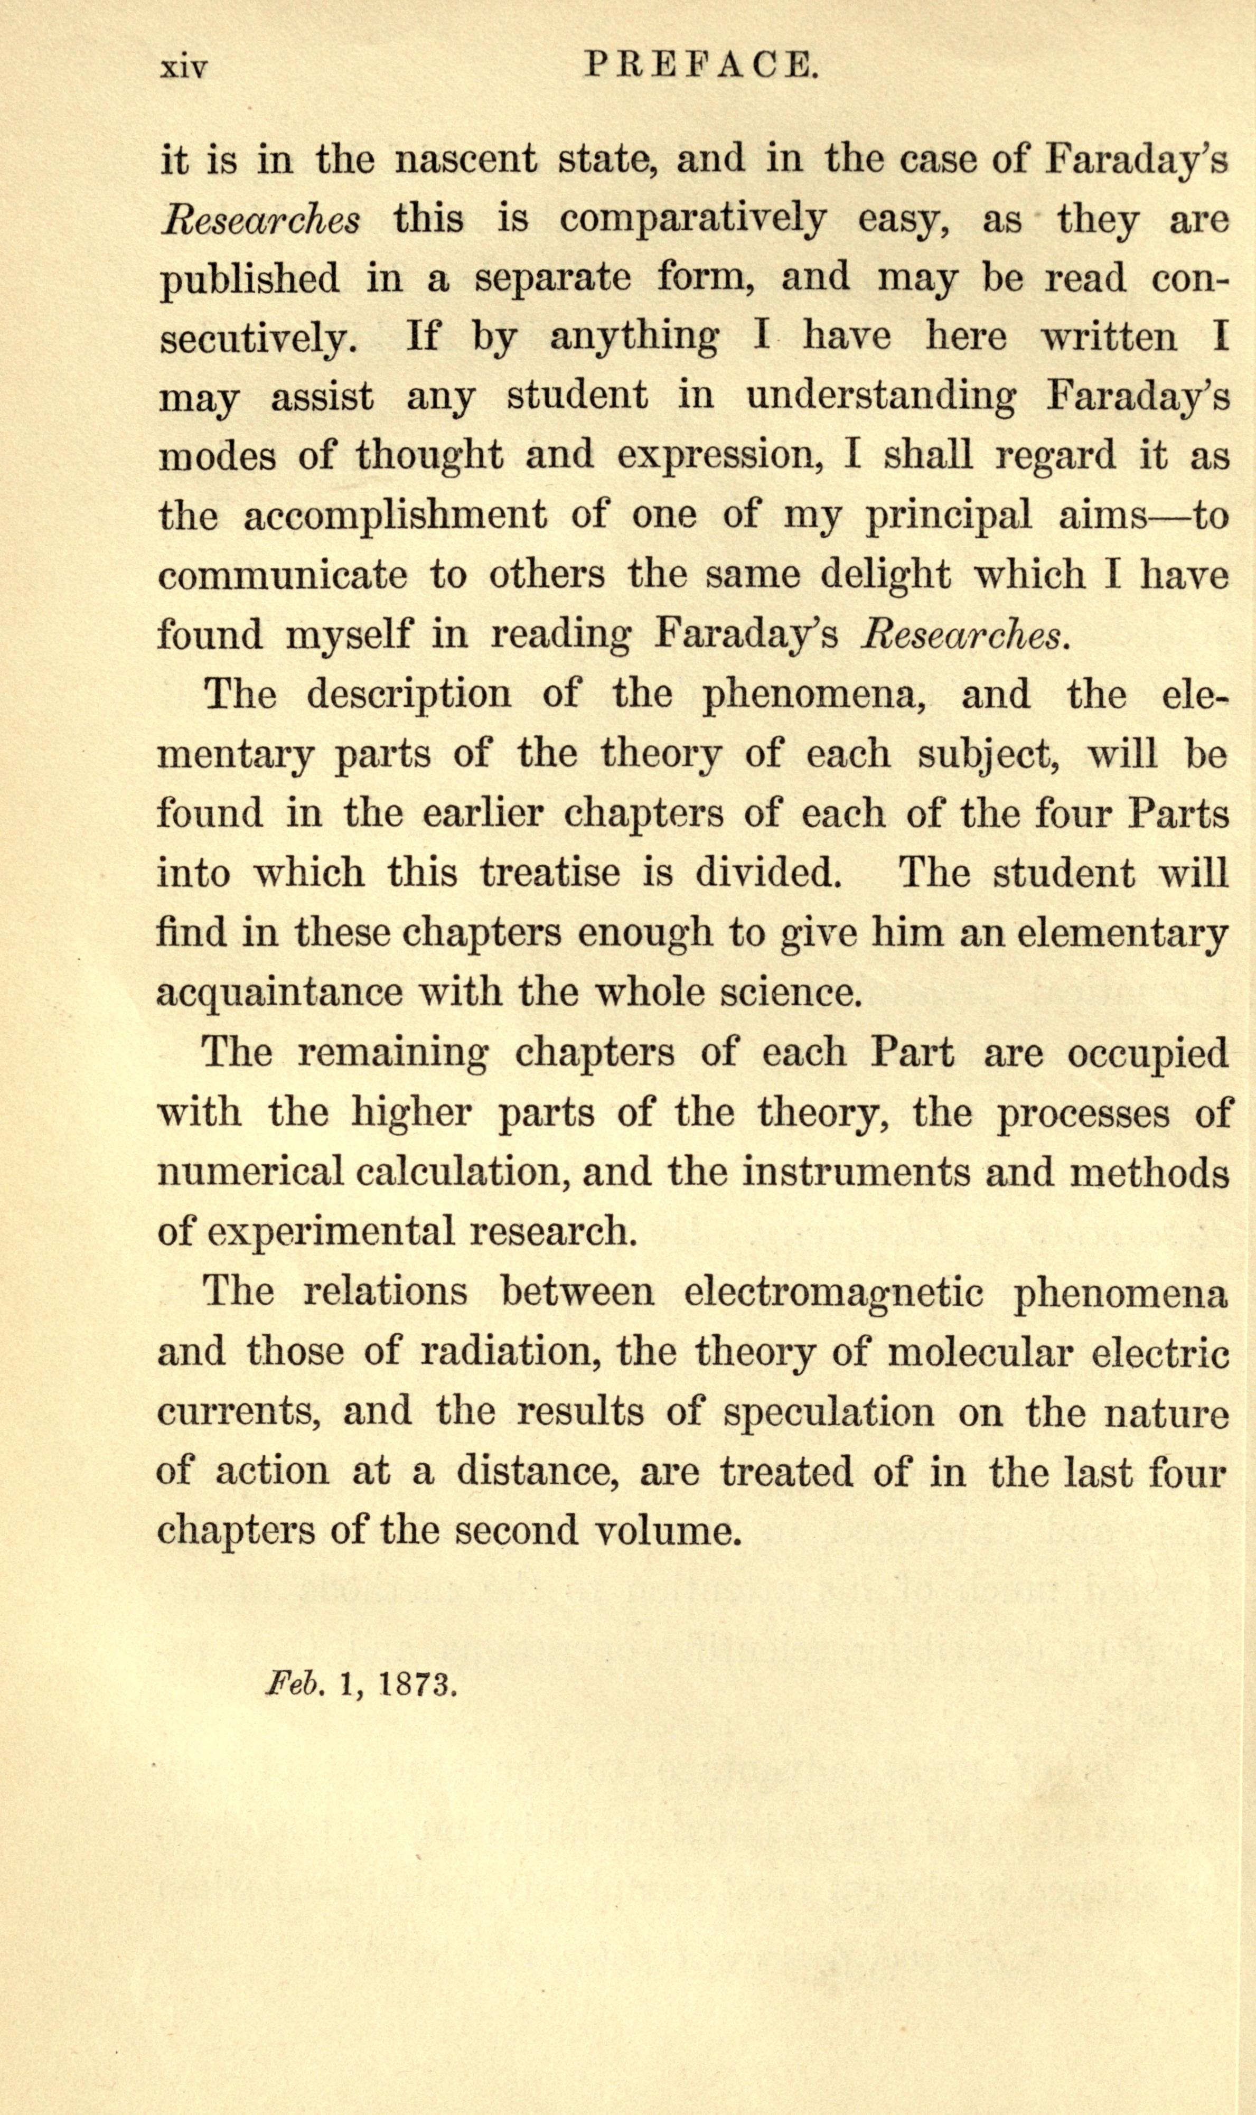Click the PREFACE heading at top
coord(701,65)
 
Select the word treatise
coord(550,873)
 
